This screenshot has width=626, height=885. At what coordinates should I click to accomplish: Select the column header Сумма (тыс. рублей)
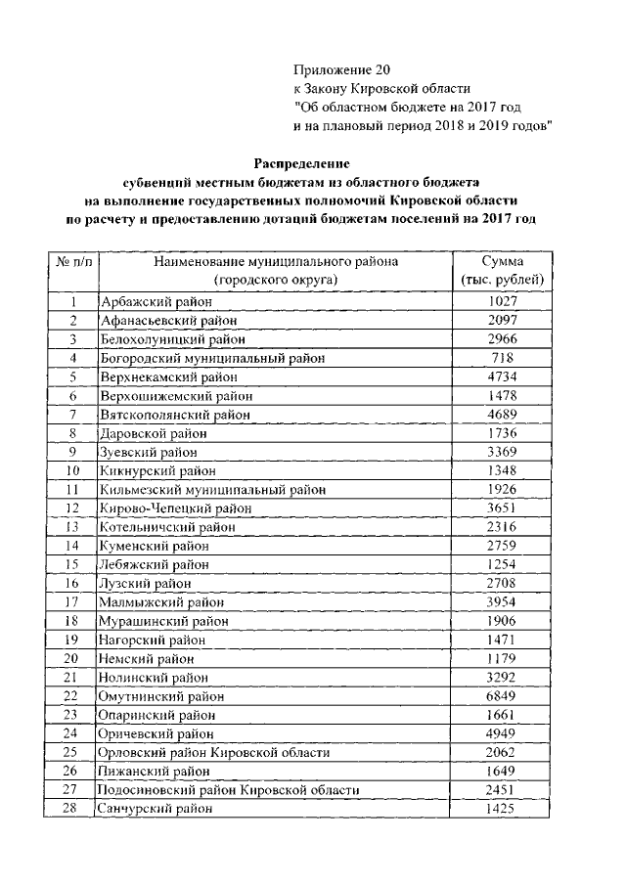pos(502,271)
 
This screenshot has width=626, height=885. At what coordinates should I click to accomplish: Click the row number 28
pos(70,809)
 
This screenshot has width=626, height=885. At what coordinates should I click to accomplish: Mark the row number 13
pos(71,527)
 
